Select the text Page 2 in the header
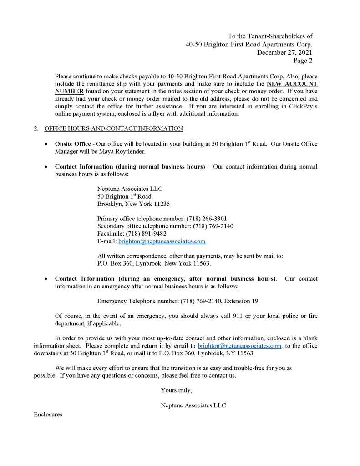(x=303, y=60)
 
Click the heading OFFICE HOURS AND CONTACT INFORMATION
(x=113, y=129)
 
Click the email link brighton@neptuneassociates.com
(x=162, y=241)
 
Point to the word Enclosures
(x=48, y=415)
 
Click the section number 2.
(x=36, y=129)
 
